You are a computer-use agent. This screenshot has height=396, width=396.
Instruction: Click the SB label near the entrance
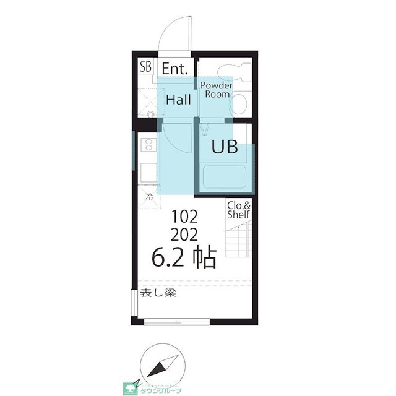pyautogui.click(x=145, y=66)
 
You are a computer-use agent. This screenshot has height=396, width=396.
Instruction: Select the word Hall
pyautogui.click(x=178, y=99)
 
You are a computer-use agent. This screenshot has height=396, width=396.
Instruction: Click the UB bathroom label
pyautogui.click(x=225, y=147)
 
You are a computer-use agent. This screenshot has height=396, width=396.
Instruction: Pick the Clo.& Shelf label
pyautogui.click(x=238, y=210)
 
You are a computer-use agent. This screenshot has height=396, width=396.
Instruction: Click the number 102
pyautogui.click(x=184, y=217)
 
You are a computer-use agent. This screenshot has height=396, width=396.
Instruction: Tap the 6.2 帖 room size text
pyautogui.click(x=184, y=257)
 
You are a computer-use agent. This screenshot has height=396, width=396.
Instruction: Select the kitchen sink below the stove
pyautogui.click(x=148, y=170)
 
